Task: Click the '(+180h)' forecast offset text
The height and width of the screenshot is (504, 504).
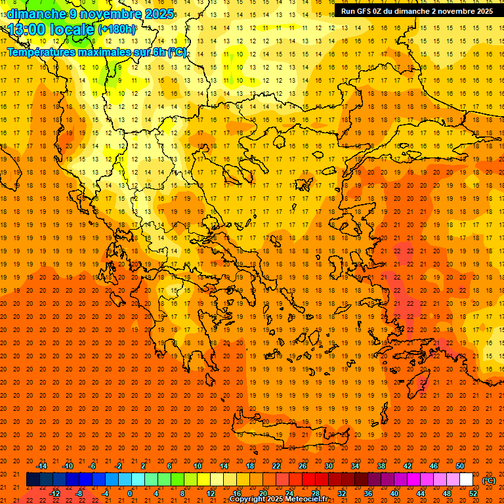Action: (117, 30)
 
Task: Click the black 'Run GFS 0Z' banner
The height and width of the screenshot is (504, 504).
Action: (417, 10)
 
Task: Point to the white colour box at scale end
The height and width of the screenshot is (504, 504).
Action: (467, 480)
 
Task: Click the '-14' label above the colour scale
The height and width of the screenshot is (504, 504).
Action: (41, 466)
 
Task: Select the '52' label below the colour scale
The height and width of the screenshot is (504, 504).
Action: (473, 493)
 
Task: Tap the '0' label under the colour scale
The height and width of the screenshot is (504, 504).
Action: (130, 493)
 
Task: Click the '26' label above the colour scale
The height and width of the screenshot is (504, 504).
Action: (303, 466)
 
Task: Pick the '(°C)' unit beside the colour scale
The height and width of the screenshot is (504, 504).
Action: (489, 480)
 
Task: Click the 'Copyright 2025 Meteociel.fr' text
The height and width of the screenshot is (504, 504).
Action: (278, 499)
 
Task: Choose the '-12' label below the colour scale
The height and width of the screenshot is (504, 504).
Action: (55, 493)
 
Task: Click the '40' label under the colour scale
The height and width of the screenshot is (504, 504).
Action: (394, 493)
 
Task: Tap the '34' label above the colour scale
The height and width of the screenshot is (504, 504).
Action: (355, 466)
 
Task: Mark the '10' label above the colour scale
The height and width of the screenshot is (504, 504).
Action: (197, 466)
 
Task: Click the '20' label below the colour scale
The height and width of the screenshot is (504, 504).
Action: (262, 493)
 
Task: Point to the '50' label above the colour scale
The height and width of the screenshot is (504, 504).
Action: (460, 466)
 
